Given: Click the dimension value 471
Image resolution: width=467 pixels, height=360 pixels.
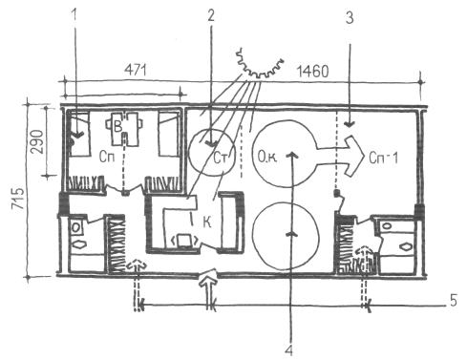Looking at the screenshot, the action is (x=136, y=70).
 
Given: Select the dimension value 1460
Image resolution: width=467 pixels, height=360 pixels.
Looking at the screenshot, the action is (x=312, y=72).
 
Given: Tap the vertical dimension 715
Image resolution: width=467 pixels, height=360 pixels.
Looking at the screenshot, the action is (x=18, y=199).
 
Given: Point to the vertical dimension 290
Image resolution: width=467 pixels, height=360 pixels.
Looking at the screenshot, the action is (x=37, y=141).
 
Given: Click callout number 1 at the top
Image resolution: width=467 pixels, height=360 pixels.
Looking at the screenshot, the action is (x=74, y=14).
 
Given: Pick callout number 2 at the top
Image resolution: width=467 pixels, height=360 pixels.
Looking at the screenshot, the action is (x=211, y=15).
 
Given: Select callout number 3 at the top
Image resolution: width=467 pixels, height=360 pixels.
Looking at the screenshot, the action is (x=350, y=18).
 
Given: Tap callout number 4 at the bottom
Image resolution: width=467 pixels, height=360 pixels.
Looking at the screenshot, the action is (x=288, y=350).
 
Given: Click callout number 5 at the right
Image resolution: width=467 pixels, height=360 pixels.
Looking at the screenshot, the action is (x=454, y=301).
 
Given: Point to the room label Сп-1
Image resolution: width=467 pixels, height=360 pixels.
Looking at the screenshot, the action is (x=384, y=158).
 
